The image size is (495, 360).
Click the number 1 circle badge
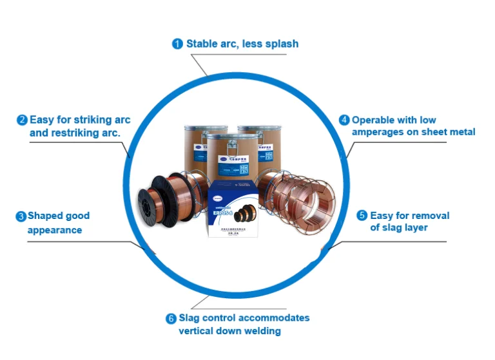177,44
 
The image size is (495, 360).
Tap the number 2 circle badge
22,120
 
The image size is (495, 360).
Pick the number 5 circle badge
362,216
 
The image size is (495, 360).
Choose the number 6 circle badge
171,318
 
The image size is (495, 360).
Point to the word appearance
55,229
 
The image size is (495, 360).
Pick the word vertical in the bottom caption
199,331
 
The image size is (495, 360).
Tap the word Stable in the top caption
202,44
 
